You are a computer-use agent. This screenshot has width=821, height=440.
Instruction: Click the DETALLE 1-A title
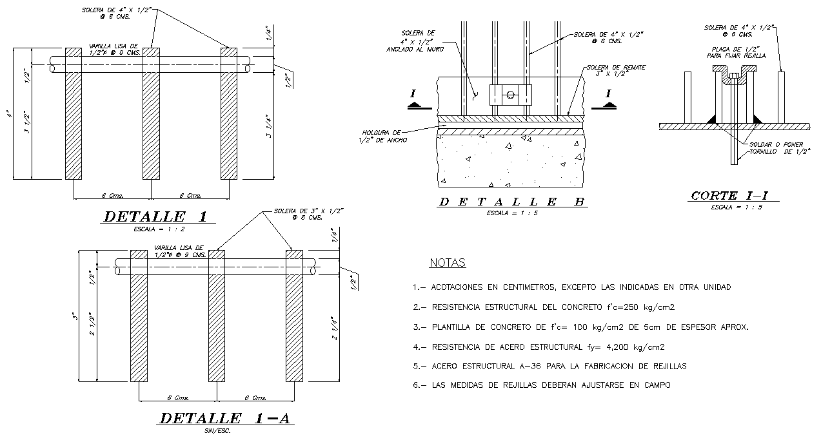pyautogui.click(x=225, y=418)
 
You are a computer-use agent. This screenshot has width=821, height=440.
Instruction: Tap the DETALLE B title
pyautogui.click(x=511, y=202)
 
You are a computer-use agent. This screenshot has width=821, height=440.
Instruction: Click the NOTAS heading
pyautogui.click(x=447, y=263)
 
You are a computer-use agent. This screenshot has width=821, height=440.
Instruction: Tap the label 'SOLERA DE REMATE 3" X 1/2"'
pyautogui.click(x=617, y=71)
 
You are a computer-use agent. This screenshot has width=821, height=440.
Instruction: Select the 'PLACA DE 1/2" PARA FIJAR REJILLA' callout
pyautogui.click(x=738, y=53)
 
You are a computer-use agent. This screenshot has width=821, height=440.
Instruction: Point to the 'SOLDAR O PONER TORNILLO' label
pyautogui.click(x=770, y=148)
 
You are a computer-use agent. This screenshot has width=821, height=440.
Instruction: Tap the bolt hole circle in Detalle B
pyautogui.click(x=510, y=95)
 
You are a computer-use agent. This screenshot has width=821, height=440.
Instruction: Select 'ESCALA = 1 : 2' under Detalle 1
pyautogui.click(x=150, y=229)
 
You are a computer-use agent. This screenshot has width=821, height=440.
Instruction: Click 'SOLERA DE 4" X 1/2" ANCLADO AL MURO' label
pyautogui.click(x=418, y=41)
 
